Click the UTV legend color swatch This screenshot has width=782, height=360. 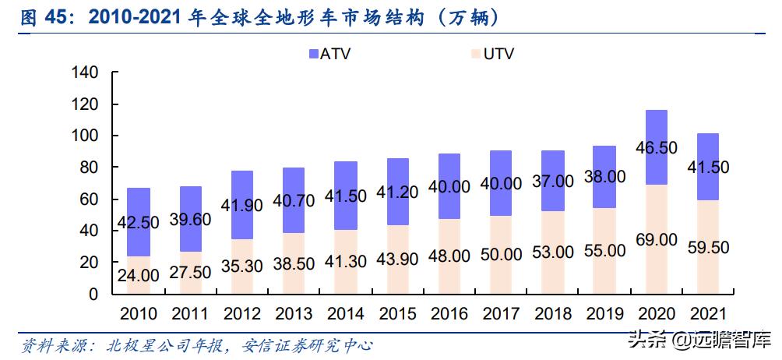point(477,54)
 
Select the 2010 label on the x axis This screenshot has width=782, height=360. point(138,314)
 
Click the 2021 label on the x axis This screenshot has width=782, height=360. point(708,314)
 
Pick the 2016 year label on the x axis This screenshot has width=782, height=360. point(449,314)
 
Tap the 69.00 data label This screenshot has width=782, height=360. point(657,239)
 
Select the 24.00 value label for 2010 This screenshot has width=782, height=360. point(138,275)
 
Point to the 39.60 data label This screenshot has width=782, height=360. point(190,219)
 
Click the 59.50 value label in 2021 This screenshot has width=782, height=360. point(708,248)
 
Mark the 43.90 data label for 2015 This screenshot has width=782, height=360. point(397,259)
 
